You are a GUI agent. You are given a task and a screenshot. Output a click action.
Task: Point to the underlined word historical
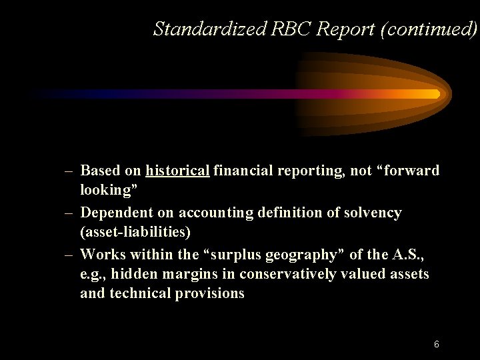pyautogui.click(x=177, y=171)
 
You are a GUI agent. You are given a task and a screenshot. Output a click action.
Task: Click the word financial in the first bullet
pyautogui.click(x=245, y=171)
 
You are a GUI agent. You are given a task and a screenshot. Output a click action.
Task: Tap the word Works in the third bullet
pyautogui.click(x=101, y=255)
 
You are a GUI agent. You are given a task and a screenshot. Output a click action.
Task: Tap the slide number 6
pyautogui.click(x=436, y=345)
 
